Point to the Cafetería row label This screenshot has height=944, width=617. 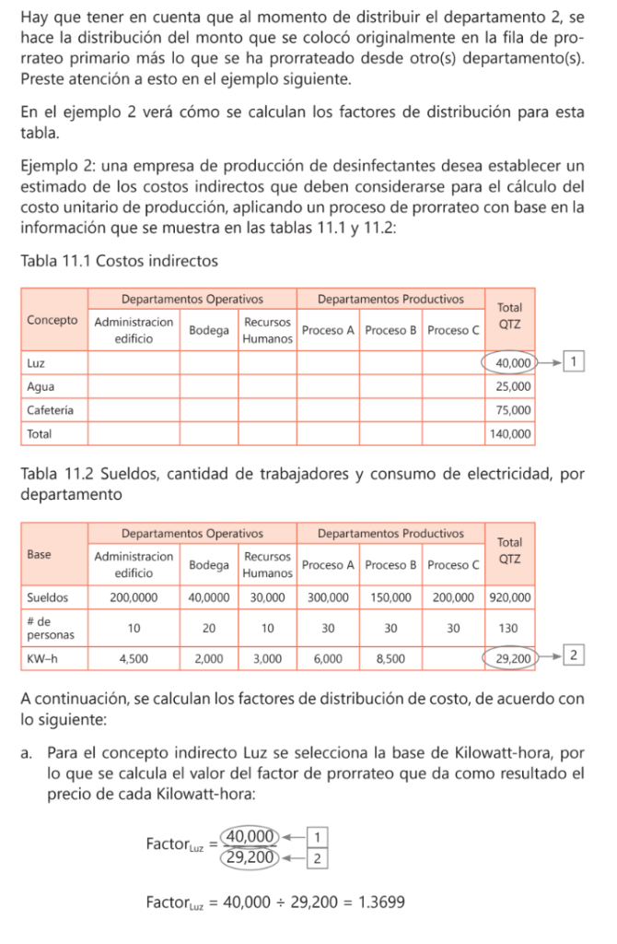(x=51, y=409)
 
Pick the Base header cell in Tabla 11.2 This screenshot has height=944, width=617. (x=41, y=555)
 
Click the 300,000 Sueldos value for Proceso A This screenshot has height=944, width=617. (x=328, y=597)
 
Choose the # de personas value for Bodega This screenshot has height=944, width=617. (x=209, y=628)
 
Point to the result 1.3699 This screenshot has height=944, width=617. (x=387, y=902)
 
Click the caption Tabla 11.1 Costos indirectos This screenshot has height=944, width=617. (x=119, y=261)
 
